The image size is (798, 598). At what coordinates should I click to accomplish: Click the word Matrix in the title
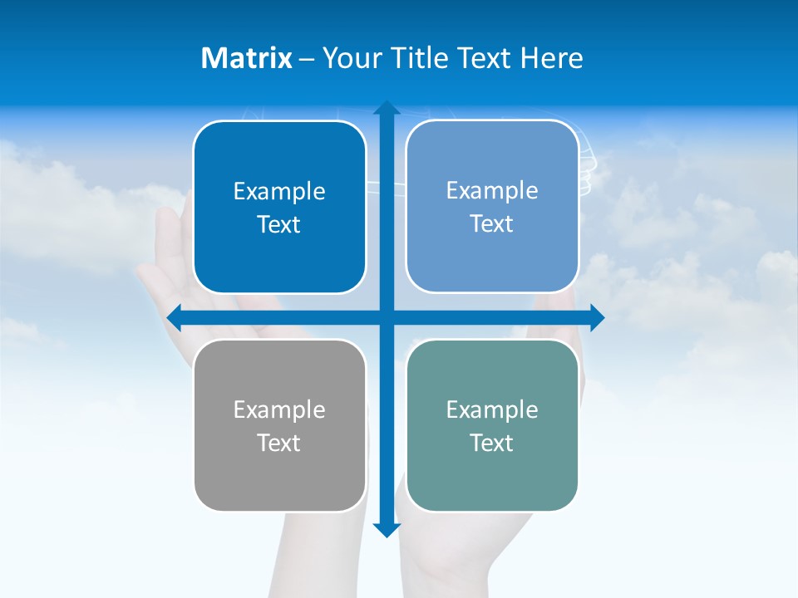247,58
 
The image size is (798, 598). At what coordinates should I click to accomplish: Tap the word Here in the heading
552,58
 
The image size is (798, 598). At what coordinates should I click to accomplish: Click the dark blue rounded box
279,208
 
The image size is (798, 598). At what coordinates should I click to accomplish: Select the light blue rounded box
492,207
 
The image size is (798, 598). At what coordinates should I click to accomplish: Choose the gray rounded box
279,425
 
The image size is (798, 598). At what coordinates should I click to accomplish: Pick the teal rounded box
492,425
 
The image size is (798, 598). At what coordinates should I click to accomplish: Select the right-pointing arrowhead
596,317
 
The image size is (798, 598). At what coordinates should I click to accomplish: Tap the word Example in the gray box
279,409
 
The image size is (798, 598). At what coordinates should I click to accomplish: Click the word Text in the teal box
492,443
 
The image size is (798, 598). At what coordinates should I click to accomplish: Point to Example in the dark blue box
279,191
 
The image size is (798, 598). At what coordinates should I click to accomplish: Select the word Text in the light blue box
492,224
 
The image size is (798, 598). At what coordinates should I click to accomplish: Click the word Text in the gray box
279,443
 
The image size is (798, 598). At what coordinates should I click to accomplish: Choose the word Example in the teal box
492,409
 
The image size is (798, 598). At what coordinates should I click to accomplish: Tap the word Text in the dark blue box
279,225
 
